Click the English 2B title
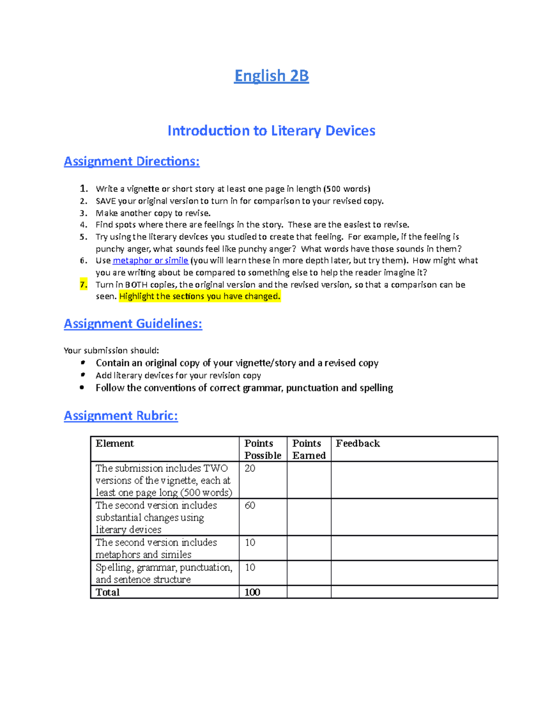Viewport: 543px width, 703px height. pyautogui.click(x=271, y=76)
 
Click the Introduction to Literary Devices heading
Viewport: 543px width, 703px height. pyautogui.click(x=271, y=131)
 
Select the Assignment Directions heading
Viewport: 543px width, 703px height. pyautogui.click(x=131, y=162)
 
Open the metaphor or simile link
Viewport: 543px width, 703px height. pyautogui.click(x=150, y=261)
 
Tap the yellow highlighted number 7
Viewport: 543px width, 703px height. pyautogui.click(x=83, y=285)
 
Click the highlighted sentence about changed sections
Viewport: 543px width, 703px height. pyautogui.click(x=200, y=297)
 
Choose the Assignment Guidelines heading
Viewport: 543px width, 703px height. pyautogui.click(x=133, y=324)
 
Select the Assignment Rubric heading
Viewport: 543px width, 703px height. pyautogui.click(x=121, y=416)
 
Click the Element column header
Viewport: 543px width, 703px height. pyautogui.click(x=115, y=444)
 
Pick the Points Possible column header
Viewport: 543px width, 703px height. pyautogui.click(x=262, y=449)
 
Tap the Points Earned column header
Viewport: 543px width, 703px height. pyautogui.click(x=309, y=449)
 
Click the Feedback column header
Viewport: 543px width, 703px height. pyautogui.click(x=357, y=444)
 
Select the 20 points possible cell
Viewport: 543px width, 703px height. pyautogui.click(x=250, y=469)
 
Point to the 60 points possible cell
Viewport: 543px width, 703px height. pyautogui.click(x=250, y=506)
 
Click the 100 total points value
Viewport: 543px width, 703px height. pyautogui.click(x=252, y=592)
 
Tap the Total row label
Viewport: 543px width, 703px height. pyautogui.click(x=108, y=592)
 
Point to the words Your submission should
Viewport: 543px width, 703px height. pyautogui.click(x=111, y=350)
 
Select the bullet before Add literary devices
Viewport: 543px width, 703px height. pyautogui.click(x=82, y=375)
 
